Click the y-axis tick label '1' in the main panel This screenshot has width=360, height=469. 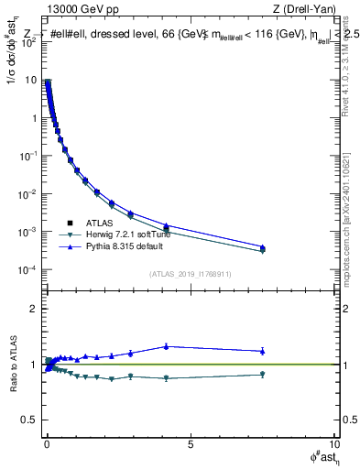point(33,118)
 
